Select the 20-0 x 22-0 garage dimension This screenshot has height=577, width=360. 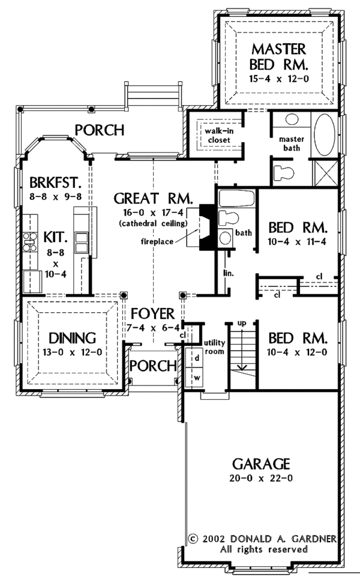[261, 479]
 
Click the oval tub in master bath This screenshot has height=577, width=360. [326, 134]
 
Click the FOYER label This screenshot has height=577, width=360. [152, 313]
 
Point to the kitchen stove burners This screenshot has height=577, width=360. [29, 243]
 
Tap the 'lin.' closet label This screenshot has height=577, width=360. [228, 273]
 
